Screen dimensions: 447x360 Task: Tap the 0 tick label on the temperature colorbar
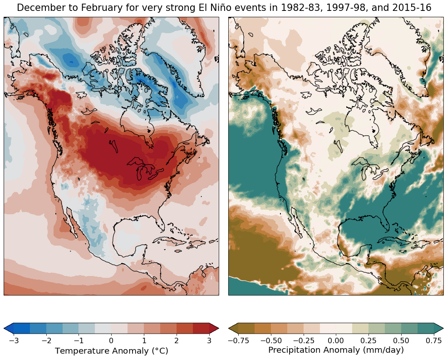pyautogui.click(x=111, y=340)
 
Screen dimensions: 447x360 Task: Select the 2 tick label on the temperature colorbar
pyautogui.click(x=177, y=340)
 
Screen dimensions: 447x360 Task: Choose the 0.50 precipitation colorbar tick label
pyautogui.click(x=401, y=340)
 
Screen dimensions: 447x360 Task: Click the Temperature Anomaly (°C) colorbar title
pyautogui.click(x=112, y=350)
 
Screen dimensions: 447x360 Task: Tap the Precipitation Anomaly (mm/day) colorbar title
pyautogui.click(x=336, y=350)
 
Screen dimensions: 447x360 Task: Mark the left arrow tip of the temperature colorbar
pyautogui.click(x=4, y=328)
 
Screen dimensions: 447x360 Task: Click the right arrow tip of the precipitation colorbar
pyautogui.click(x=443, y=328)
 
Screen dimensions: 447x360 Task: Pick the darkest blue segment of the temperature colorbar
pyautogui.click(x=22, y=328)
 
